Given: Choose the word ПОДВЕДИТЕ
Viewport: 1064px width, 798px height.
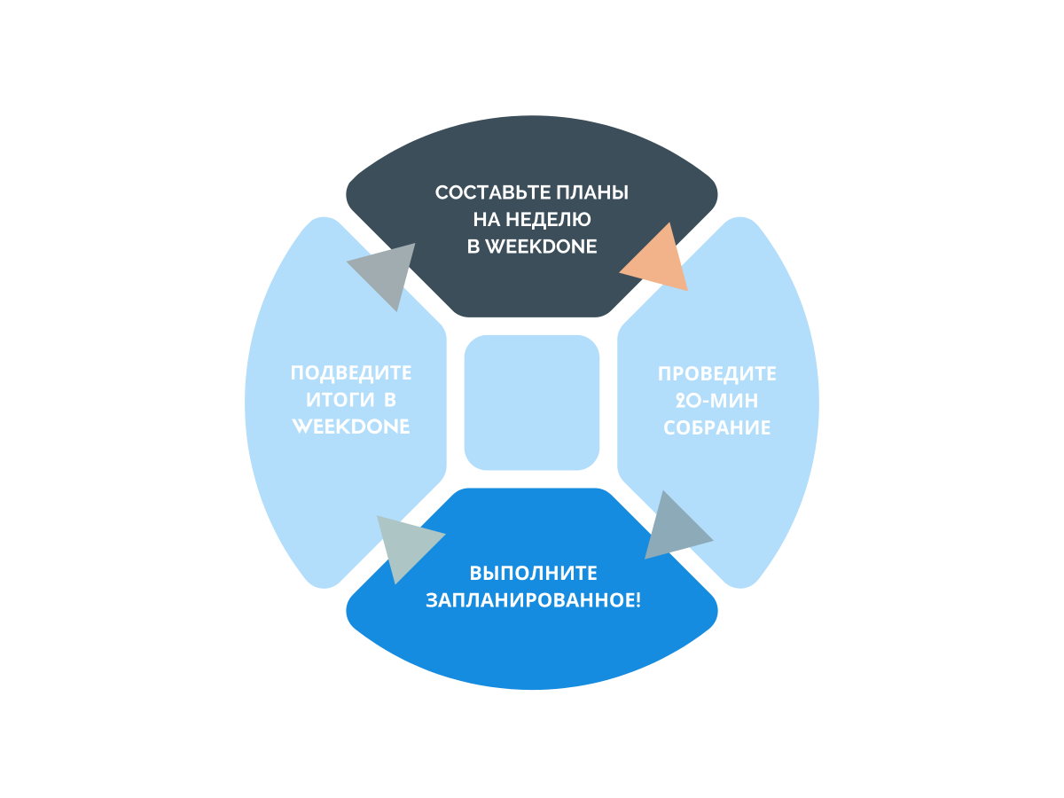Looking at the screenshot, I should (352, 373).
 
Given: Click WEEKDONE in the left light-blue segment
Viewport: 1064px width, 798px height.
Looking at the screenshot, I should (352, 426).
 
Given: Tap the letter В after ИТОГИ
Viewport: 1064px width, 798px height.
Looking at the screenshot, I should (391, 400).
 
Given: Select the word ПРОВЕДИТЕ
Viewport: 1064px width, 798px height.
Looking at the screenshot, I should (717, 374).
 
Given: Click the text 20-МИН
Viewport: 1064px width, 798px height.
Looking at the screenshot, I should (717, 401).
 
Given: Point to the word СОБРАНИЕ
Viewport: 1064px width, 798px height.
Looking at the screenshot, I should (717, 427).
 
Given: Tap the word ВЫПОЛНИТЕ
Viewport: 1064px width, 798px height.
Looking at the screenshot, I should (533, 573).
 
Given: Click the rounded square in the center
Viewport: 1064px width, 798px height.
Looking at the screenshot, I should (532, 402).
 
